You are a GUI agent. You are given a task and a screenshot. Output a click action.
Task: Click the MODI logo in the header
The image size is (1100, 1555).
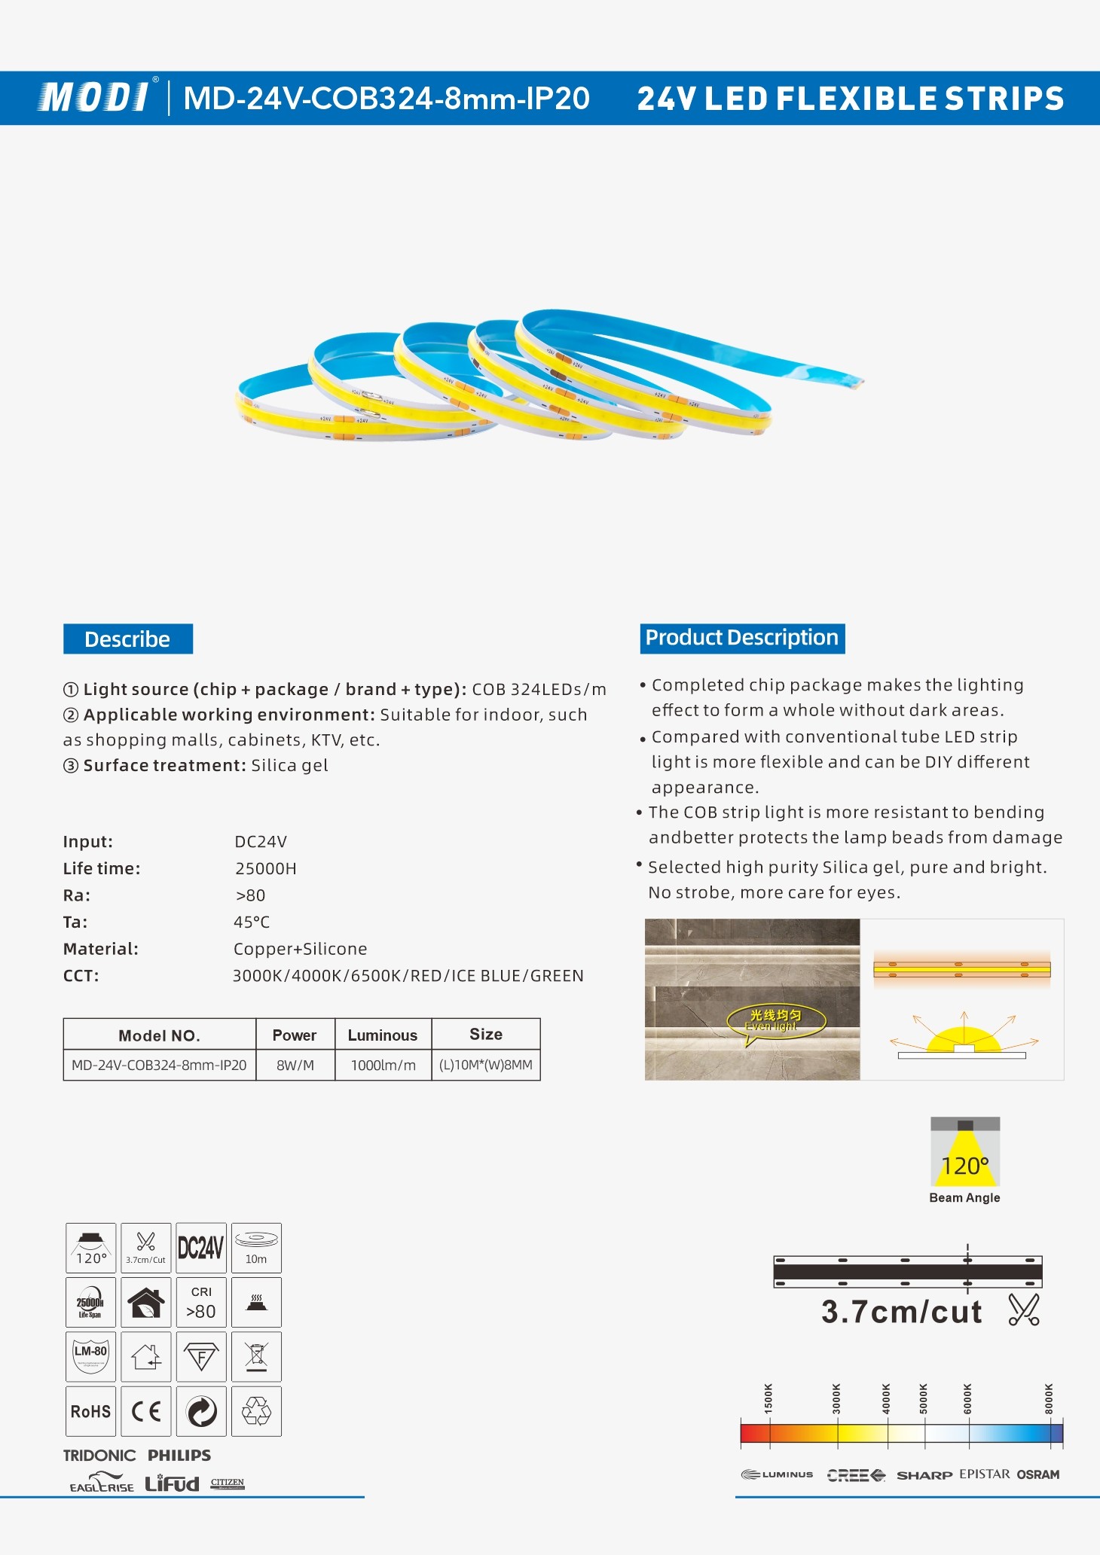click(x=94, y=98)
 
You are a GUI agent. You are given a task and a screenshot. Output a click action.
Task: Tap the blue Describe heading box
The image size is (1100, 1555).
click(x=127, y=639)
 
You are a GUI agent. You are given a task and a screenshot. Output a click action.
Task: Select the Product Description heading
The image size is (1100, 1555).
click(x=742, y=638)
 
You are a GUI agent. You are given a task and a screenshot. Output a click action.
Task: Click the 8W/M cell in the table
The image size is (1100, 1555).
click(x=295, y=1066)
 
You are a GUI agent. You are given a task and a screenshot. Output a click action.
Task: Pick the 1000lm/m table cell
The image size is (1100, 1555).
click(x=383, y=1066)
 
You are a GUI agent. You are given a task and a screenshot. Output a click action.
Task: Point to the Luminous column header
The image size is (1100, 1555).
click(x=383, y=1035)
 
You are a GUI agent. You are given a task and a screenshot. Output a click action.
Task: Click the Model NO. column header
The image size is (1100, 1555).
click(x=159, y=1035)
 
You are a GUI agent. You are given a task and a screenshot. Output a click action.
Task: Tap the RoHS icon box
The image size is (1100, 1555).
click(x=90, y=1411)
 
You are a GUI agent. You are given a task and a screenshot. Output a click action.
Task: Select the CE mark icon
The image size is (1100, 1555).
click(x=146, y=1411)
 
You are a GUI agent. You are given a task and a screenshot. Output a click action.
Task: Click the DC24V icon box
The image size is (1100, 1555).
click(x=201, y=1248)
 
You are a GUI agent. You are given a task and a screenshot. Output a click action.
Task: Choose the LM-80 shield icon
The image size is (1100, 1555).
click(x=90, y=1356)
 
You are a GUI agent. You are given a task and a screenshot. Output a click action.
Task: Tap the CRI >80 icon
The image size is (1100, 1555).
click(x=201, y=1302)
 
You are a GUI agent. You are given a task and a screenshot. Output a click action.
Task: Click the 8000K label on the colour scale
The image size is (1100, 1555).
click(x=1050, y=1398)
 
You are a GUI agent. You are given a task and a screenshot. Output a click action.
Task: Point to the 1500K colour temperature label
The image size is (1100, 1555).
click(x=768, y=1398)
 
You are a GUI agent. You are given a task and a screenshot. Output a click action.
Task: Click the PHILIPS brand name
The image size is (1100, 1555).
click(x=179, y=1456)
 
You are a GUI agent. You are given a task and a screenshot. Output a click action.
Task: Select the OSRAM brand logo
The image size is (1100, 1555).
click(x=1038, y=1474)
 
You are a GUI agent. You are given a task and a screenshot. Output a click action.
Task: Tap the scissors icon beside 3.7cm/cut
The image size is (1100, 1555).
click(x=1024, y=1310)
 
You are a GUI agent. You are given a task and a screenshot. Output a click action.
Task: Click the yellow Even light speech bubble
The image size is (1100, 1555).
click(x=775, y=1021)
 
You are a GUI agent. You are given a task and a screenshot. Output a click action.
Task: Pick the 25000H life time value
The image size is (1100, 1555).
click(x=266, y=869)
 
